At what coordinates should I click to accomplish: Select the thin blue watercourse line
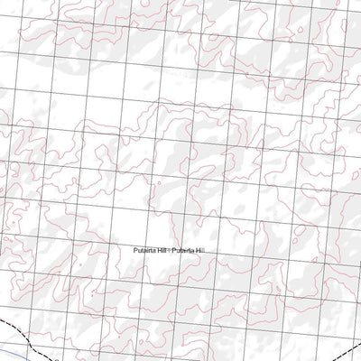(18, 347)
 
